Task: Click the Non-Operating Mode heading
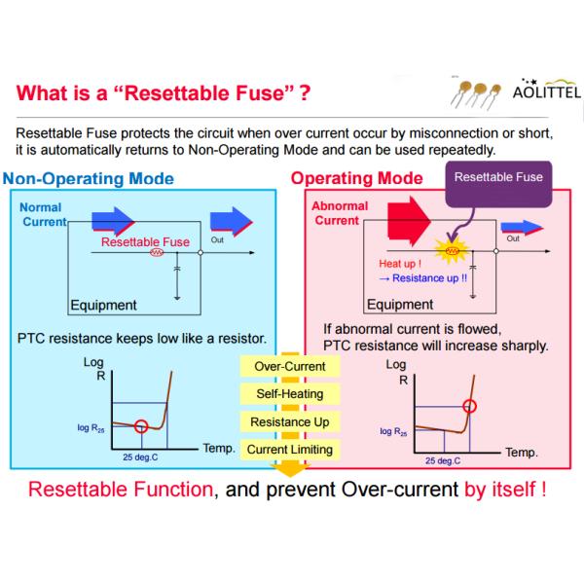click(x=89, y=179)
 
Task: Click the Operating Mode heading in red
click(x=357, y=179)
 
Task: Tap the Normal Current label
click(x=40, y=215)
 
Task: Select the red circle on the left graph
click(x=142, y=424)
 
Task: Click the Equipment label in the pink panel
click(x=400, y=305)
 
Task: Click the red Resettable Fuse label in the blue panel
click(x=146, y=242)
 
